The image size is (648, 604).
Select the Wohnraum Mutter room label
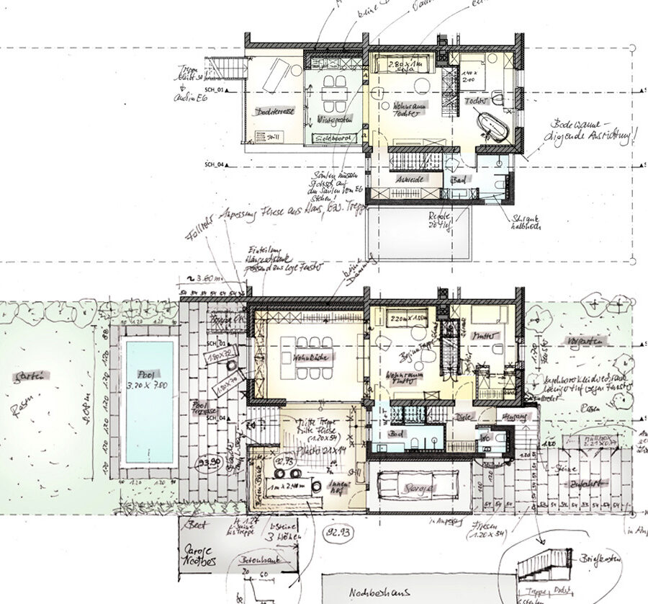404,380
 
